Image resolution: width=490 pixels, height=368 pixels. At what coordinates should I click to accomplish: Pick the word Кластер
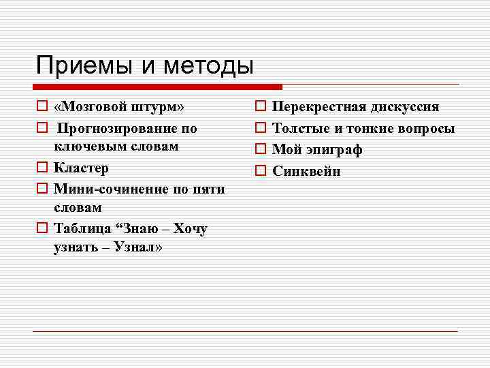tap(81, 168)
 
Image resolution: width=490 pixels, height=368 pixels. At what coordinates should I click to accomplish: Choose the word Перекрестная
tap(318, 108)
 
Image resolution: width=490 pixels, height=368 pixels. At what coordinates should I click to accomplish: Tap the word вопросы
tap(425, 128)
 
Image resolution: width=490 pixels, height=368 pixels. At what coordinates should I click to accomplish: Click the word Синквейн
tap(306, 171)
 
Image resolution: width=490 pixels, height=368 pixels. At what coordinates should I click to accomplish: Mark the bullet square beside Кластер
tap(42, 168)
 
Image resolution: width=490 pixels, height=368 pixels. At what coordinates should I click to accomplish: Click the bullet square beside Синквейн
tap(260, 171)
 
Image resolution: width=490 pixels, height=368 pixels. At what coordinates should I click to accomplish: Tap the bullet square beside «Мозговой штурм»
tap(42, 108)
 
